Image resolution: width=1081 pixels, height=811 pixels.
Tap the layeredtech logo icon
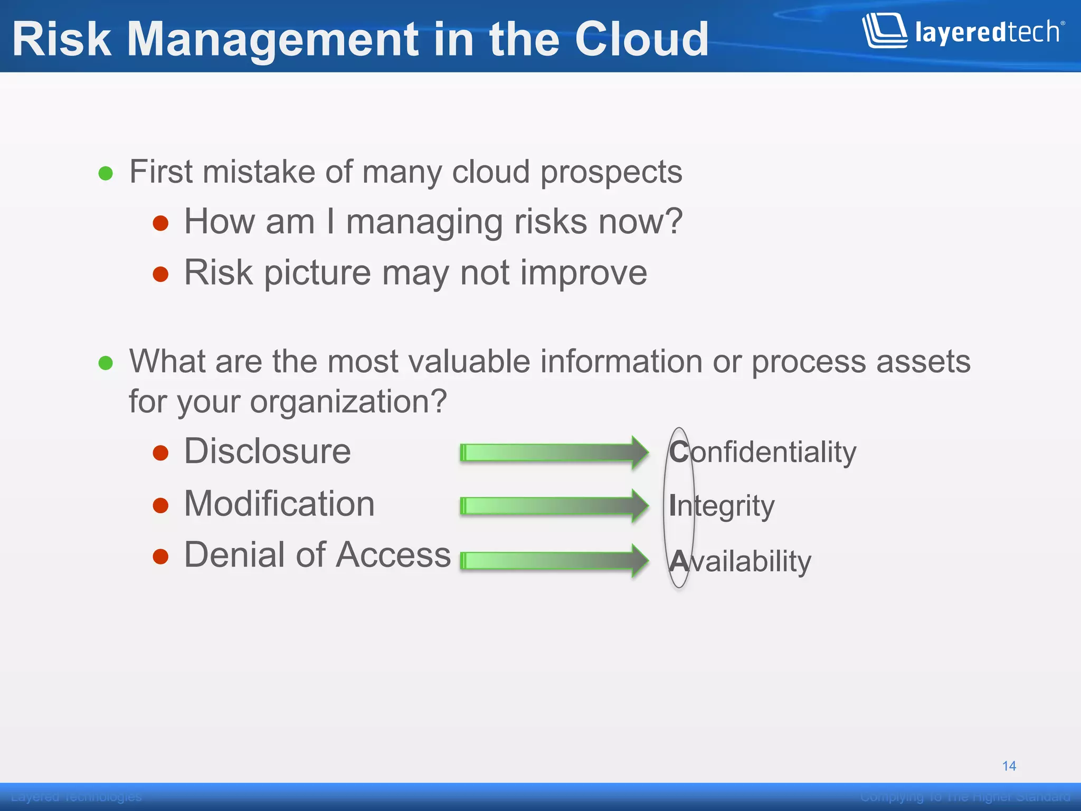tap(885, 31)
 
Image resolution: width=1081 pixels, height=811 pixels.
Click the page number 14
tap(1009, 766)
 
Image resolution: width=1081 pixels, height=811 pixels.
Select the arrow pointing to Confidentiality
tap(554, 452)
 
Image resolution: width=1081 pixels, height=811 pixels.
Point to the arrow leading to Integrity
tap(554, 506)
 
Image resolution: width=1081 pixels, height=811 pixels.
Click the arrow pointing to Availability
tap(554, 560)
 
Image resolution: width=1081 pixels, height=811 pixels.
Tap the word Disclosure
tap(267, 452)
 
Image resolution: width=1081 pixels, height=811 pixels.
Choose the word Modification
tap(279, 504)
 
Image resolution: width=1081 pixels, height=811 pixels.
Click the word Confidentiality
tap(762, 452)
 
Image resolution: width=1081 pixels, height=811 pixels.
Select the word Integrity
tap(721, 506)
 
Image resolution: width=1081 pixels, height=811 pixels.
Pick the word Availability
tap(739, 561)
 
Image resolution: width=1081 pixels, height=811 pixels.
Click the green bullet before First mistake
tap(106, 173)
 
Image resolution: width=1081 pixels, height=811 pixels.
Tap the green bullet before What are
tap(106, 363)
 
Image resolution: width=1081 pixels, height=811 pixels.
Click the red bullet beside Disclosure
tap(160, 453)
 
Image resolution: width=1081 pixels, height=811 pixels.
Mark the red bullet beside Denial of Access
tap(160, 557)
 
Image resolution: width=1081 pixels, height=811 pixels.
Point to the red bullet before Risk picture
tap(160, 274)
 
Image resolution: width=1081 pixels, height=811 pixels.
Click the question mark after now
tap(672, 222)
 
